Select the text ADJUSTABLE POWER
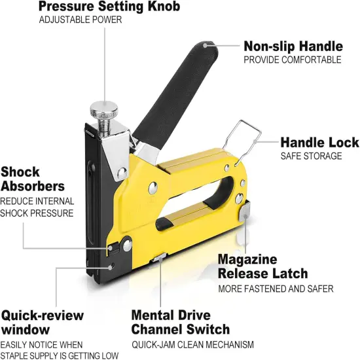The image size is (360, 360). pyautogui.click(x=80, y=20)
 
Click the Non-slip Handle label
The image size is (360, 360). pyautogui.click(x=293, y=46)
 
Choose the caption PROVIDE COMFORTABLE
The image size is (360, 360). pyautogui.click(x=292, y=60)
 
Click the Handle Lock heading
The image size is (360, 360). pyautogui.click(x=319, y=142)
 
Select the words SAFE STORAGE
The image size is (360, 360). pyautogui.click(x=311, y=156)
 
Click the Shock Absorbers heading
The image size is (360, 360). pyautogui.click(x=32, y=179)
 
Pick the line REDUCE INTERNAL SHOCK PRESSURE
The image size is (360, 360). pyautogui.click(x=37, y=207)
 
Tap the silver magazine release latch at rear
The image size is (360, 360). pyautogui.click(x=244, y=213)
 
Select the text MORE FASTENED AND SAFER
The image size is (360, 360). pyautogui.click(x=276, y=288)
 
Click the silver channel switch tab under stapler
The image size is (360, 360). pyautogui.click(x=158, y=260)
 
